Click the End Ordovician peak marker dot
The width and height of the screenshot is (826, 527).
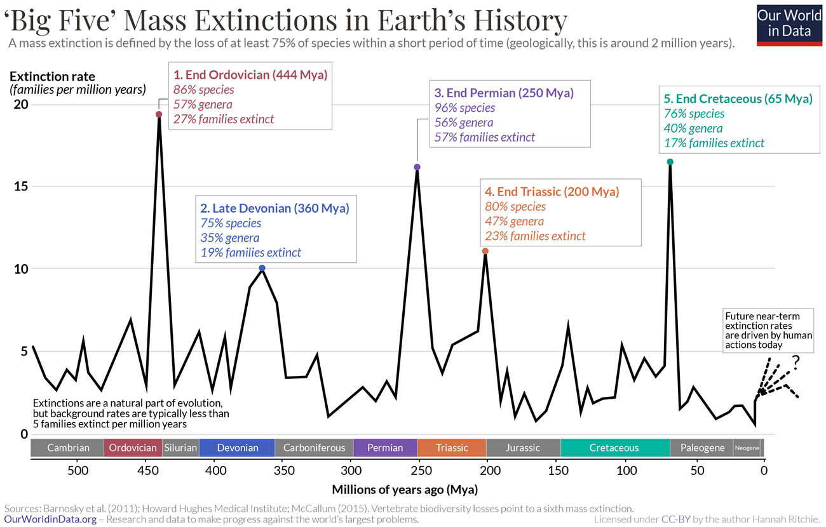pyautogui.click(x=159, y=114)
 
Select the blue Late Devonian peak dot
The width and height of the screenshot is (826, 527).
pyautogui.click(x=262, y=268)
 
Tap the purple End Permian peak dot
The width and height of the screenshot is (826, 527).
pyautogui.click(x=417, y=167)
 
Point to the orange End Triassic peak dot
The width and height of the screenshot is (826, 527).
pyautogui.click(x=485, y=251)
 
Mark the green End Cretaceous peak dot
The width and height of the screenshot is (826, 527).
pyautogui.click(x=670, y=162)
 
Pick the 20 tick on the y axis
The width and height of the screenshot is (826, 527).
pyautogui.click(x=21, y=104)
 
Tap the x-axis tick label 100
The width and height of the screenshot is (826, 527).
pyautogui.click(x=626, y=470)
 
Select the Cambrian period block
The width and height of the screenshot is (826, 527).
pyautogui.click(x=67, y=448)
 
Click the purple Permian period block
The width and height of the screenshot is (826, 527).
pyautogui.click(x=385, y=448)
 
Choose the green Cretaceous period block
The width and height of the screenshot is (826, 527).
pyautogui.click(x=614, y=448)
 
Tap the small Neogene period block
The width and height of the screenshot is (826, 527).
pyautogui.click(x=747, y=448)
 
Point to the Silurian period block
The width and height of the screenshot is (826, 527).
pyautogui.click(x=180, y=448)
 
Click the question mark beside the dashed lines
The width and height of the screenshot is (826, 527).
pyautogui.click(x=795, y=362)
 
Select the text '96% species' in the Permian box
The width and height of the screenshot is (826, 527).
pyautogui.click(x=464, y=108)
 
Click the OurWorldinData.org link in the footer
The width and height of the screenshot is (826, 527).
pyautogui.click(x=51, y=519)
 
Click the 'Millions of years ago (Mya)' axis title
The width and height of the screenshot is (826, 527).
pyautogui.click(x=405, y=490)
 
